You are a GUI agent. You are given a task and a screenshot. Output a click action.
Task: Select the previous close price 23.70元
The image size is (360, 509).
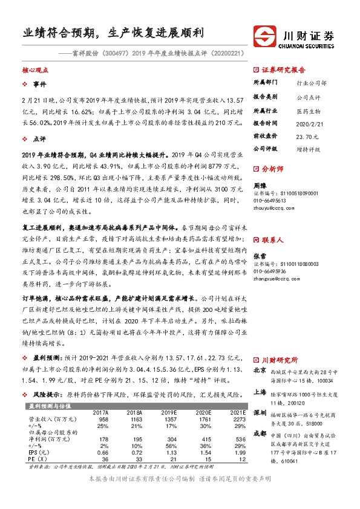306,137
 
